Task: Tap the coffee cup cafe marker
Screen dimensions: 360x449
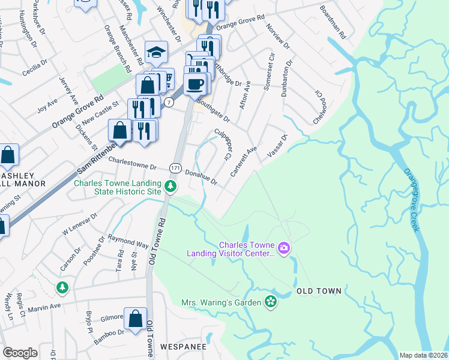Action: (x=195, y=83)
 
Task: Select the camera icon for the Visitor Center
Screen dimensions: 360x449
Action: (x=284, y=247)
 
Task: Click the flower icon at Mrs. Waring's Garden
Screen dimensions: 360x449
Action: (x=271, y=302)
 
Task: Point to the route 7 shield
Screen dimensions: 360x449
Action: (x=170, y=103)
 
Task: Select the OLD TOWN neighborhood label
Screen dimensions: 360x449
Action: (x=319, y=291)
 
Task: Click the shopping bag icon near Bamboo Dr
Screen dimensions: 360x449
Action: (x=136, y=319)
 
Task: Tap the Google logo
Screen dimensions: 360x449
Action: (x=20, y=353)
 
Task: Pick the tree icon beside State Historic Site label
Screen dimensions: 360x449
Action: (x=170, y=187)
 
